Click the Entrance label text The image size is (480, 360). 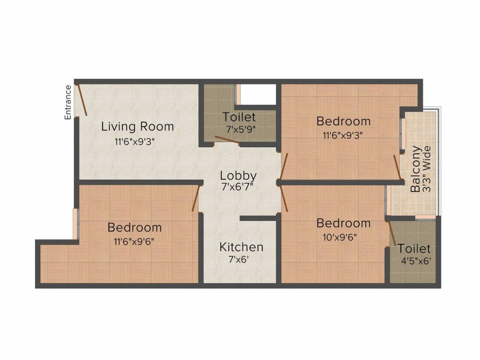[x=68, y=102]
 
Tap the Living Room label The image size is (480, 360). [x=137, y=126]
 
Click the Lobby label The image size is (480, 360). [x=239, y=176]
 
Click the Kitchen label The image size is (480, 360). [x=241, y=247]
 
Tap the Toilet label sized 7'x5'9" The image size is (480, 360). [x=239, y=117]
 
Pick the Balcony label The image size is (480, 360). [x=415, y=170]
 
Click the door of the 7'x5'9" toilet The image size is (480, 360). [x=226, y=139]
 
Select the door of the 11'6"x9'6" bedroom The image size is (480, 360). [x=196, y=198]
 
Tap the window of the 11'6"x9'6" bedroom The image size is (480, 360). [x=75, y=224]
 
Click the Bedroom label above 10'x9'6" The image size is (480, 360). [x=344, y=223]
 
